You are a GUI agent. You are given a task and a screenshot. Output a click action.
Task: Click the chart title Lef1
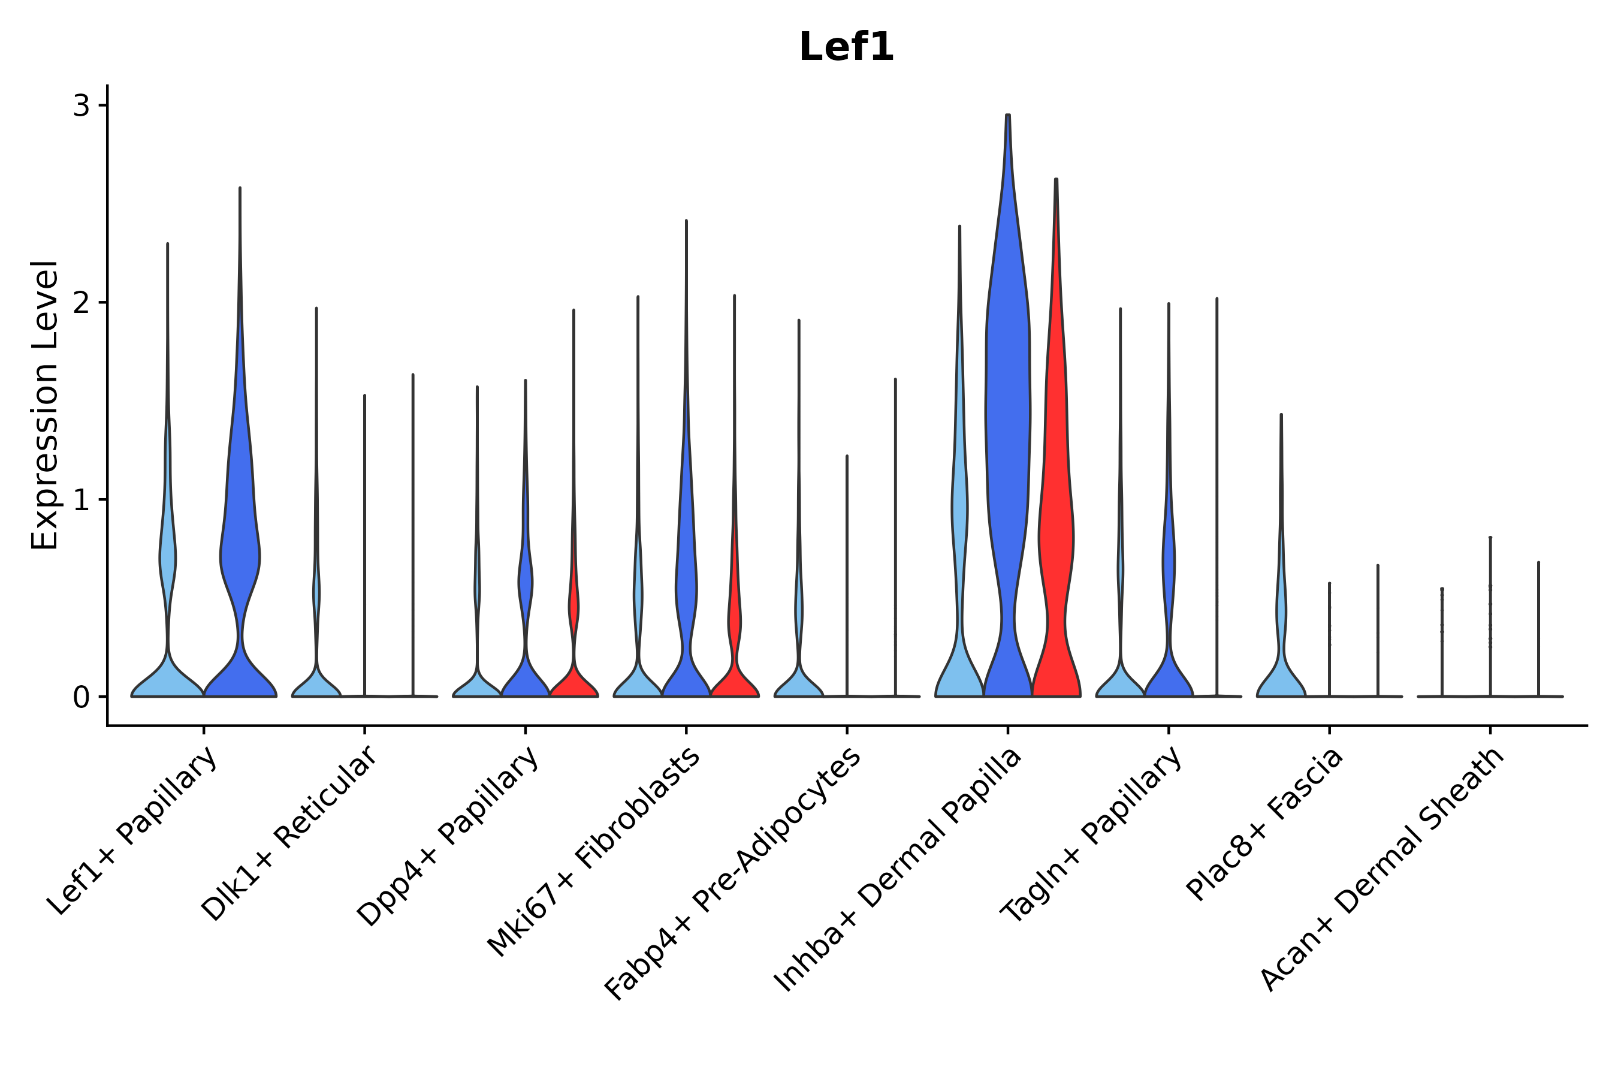pos(846,48)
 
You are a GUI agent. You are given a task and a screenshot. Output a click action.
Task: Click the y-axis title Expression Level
pos(45,405)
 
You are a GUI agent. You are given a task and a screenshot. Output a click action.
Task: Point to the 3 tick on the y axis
pos(81,106)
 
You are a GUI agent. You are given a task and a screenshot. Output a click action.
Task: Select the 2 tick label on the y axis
pos(81,303)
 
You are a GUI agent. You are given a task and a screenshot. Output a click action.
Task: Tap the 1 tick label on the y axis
pos(81,501)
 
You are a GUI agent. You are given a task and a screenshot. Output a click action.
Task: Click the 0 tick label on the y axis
pos(81,698)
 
